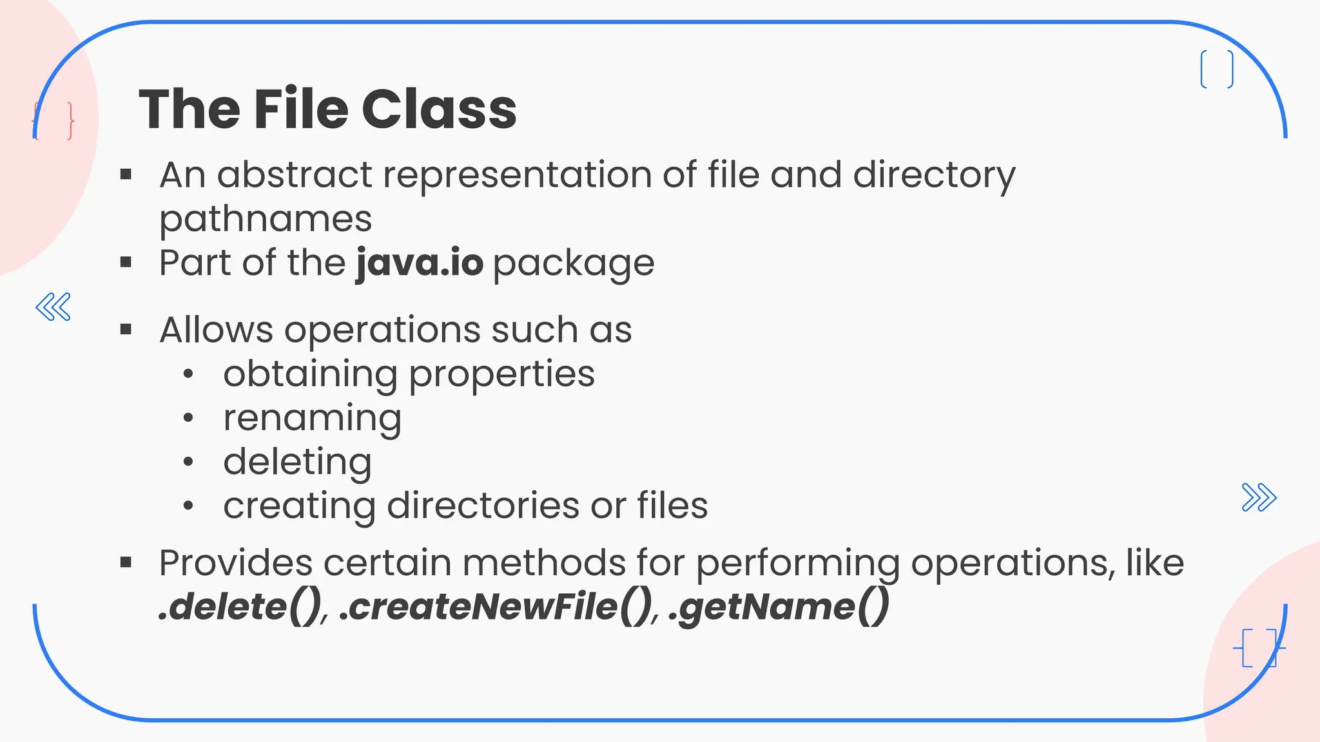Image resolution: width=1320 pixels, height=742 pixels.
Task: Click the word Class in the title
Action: tap(439, 109)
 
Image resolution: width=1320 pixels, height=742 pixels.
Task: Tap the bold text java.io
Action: tap(420, 263)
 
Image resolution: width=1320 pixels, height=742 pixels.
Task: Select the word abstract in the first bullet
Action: tap(295, 175)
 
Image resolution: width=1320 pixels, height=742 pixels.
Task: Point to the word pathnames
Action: tap(266, 219)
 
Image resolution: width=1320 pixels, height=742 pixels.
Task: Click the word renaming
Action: tap(312, 419)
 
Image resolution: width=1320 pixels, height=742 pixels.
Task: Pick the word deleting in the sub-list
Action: tap(297, 462)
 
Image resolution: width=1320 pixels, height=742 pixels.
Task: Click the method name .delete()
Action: tap(240, 607)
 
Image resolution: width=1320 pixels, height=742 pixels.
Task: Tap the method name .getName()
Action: tap(779, 607)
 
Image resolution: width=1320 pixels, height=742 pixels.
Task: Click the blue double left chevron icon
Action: tap(53, 307)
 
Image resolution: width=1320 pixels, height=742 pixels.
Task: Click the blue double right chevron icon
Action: tap(1259, 497)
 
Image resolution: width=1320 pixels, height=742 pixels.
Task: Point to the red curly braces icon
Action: tap(53, 120)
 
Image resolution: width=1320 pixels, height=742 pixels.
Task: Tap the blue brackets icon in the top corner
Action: tap(1217, 69)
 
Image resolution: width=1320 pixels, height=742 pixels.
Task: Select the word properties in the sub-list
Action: tap(501, 374)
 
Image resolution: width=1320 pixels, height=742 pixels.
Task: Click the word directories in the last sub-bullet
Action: tap(483, 506)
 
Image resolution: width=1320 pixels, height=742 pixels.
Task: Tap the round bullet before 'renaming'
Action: tap(188, 419)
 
